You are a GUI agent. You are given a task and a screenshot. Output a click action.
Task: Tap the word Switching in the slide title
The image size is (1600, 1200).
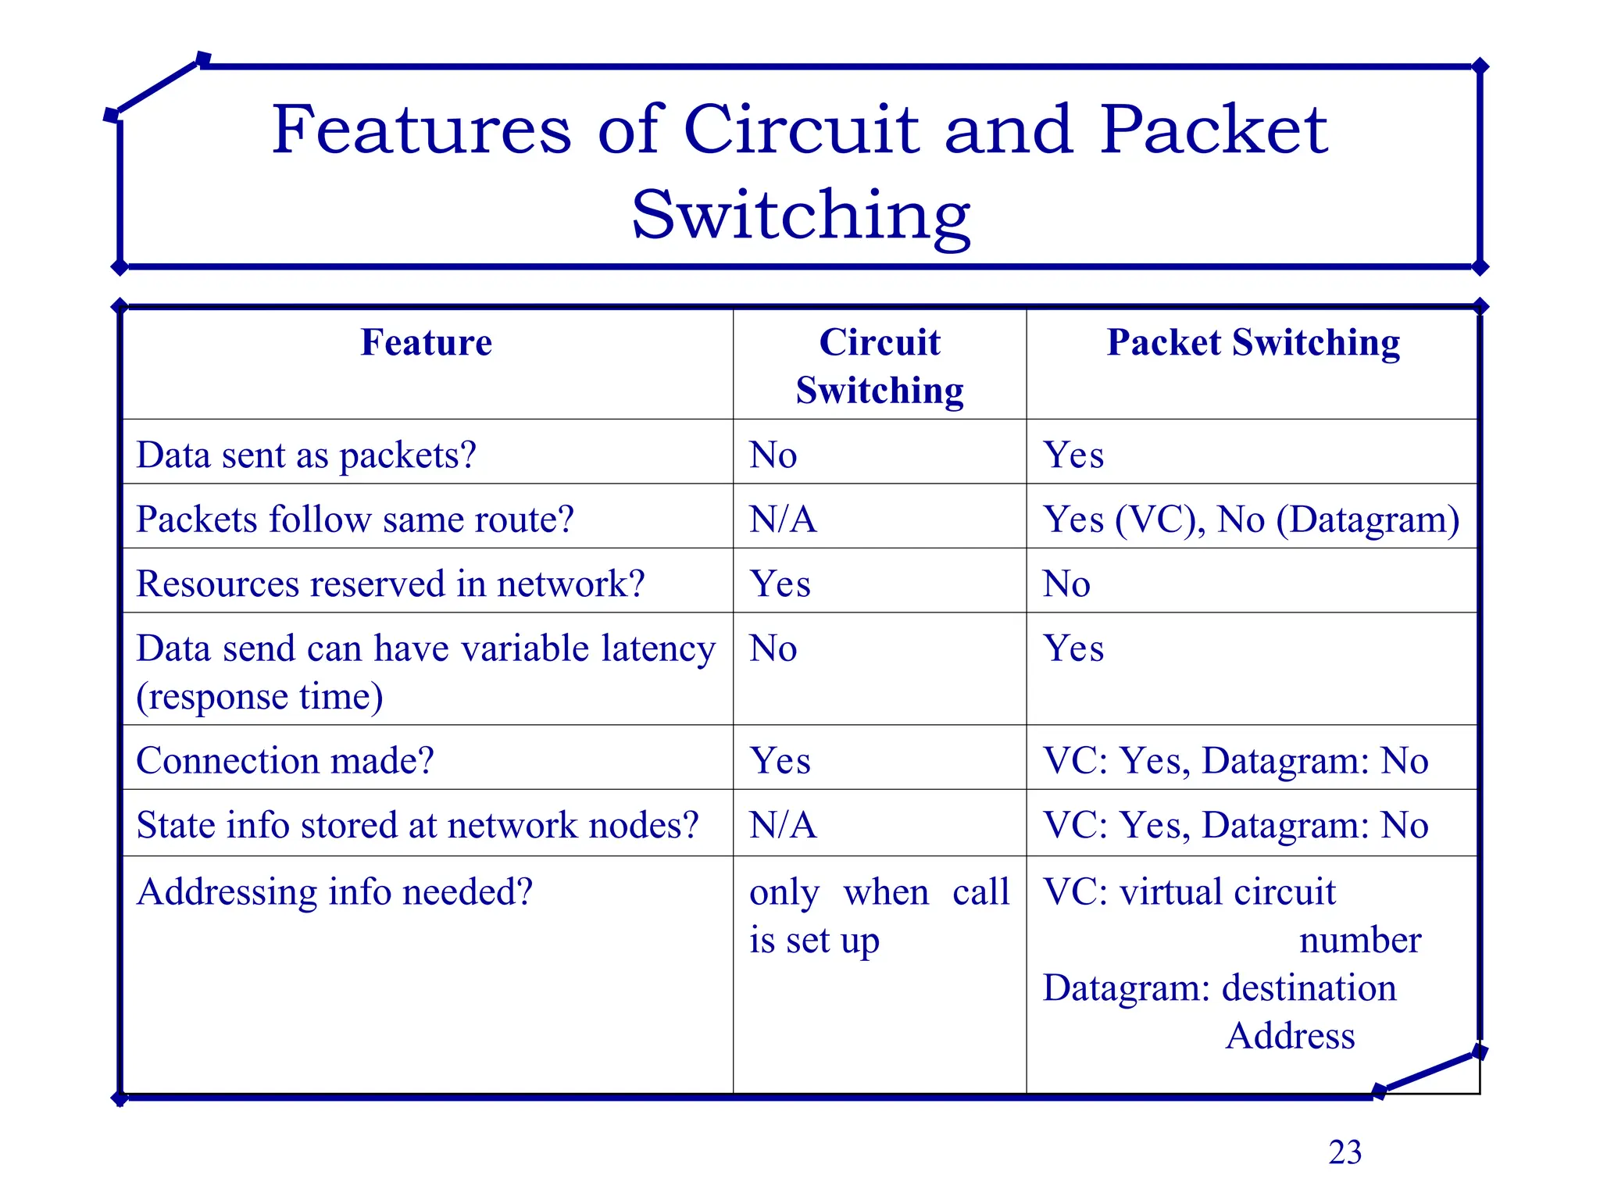point(801,215)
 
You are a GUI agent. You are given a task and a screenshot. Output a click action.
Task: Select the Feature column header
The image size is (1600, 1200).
point(427,343)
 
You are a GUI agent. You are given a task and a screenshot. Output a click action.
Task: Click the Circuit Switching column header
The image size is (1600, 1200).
point(880,366)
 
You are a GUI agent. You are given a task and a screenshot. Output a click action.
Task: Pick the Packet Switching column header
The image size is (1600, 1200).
point(1253,343)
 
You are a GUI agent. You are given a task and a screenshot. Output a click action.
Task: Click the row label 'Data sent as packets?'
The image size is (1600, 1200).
point(306,455)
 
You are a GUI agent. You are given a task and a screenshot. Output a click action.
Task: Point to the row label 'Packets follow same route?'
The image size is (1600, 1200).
point(355,520)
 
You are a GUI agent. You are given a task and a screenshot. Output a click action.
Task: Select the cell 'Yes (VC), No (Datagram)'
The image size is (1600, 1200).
point(1251,520)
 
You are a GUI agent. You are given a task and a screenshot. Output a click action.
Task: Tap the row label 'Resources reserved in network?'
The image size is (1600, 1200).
point(391,584)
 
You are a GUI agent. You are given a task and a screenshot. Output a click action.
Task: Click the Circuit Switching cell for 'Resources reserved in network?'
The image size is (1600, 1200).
point(780,584)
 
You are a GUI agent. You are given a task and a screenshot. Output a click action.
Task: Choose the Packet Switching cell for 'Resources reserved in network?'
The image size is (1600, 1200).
point(1066,584)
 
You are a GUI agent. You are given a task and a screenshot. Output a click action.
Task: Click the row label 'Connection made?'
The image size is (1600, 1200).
point(285,761)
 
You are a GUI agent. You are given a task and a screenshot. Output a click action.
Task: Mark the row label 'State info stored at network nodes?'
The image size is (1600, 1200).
point(417,825)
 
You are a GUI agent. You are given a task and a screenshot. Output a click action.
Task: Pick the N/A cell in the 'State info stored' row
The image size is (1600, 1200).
point(783,825)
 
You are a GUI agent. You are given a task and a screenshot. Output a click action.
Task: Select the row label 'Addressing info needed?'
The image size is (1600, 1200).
point(334,891)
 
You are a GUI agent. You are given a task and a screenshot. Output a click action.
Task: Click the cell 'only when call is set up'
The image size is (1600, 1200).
point(879,916)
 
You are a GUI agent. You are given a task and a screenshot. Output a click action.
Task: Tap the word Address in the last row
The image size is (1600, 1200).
point(1290,1036)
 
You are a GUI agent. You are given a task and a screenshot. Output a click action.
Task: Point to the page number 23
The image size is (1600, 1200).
point(1345,1152)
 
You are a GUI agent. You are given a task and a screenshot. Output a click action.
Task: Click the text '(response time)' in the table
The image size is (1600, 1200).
point(259,697)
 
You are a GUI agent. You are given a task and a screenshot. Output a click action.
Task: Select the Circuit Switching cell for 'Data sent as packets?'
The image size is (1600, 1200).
point(773,455)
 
